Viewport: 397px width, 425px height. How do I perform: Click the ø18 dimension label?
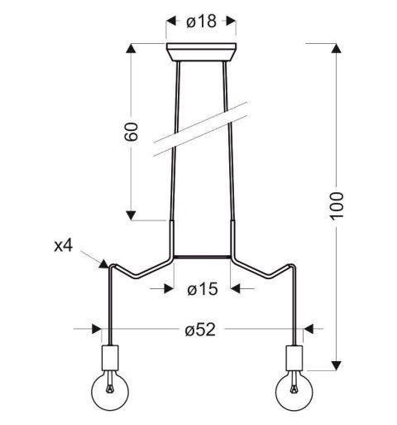click(x=201, y=22)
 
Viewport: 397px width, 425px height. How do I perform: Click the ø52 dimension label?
click(x=200, y=330)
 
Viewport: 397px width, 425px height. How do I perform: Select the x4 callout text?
click(x=65, y=245)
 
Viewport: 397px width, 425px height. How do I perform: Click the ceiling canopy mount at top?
click(x=201, y=52)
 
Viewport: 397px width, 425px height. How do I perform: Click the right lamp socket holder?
click(x=294, y=358)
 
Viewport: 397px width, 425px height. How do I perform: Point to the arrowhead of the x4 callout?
click(x=104, y=264)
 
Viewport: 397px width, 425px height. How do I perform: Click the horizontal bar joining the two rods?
click(x=201, y=255)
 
